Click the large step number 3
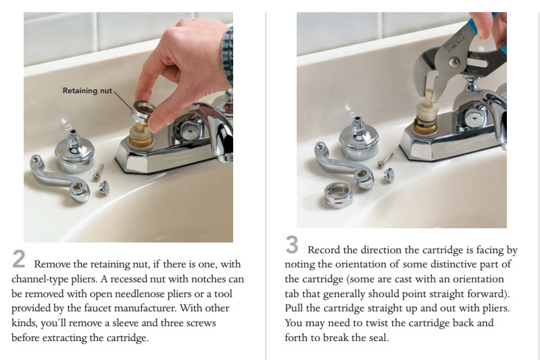[x=292, y=242]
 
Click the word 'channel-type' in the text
[x=41, y=278]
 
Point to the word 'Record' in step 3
[x=324, y=249]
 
